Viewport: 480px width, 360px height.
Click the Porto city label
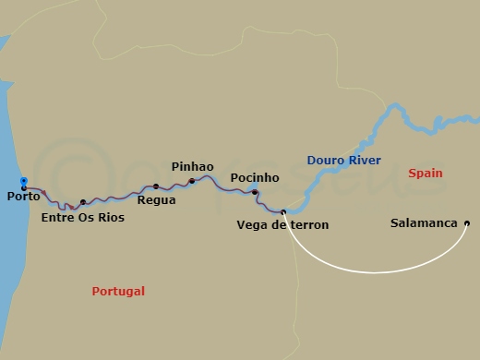coord(22,197)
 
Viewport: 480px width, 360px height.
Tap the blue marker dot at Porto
coord(23,182)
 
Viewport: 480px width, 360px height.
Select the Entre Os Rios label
coord(83,219)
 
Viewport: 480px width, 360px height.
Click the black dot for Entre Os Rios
coord(83,202)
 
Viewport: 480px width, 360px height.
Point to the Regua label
coord(156,199)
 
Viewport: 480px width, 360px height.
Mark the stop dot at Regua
coord(156,186)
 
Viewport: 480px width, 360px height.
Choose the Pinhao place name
coord(192,166)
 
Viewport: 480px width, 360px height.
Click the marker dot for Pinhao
coord(192,181)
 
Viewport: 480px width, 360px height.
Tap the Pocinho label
coord(255,177)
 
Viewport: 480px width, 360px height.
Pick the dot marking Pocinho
coord(255,192)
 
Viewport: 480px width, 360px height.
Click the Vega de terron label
coord(282,225)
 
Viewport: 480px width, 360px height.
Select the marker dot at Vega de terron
coord(283,211)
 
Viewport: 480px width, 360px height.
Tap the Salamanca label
coord(425,223)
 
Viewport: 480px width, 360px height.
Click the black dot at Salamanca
coord(467,223)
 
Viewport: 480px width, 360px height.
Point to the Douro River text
coord(344,161)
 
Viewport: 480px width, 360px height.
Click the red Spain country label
coord(425,174)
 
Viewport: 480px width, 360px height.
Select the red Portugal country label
coord(118,292)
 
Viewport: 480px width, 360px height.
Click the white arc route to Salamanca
coord(374,272)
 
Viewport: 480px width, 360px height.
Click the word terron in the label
coord(308,225)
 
